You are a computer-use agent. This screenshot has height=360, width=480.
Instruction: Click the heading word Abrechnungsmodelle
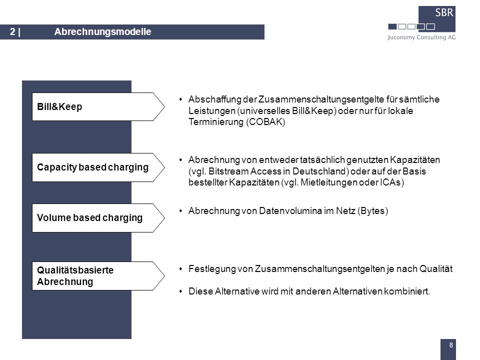(102, 32)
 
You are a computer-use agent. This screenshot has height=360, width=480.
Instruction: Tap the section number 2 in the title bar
(12, 32)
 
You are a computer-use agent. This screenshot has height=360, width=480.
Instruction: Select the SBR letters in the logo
(444, 12)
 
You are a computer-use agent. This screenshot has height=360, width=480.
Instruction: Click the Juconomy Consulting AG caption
(421, 37)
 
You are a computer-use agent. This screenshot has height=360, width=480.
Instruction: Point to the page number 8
(451, 345)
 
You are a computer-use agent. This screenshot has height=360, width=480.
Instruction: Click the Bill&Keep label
(59, 107)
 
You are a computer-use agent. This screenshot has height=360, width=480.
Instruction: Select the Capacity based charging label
(93, 167)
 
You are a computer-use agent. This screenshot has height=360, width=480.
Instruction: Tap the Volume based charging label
(89, 217)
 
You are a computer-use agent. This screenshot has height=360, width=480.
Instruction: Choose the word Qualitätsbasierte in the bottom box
(75, 270)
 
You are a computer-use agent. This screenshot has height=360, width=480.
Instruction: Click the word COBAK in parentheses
(265, 122)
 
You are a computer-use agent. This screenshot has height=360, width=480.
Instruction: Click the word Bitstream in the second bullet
(228, 171)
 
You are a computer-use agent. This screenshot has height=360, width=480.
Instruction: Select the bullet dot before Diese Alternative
(180, 291)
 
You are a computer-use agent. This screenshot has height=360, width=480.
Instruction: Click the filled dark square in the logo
(392, 26)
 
